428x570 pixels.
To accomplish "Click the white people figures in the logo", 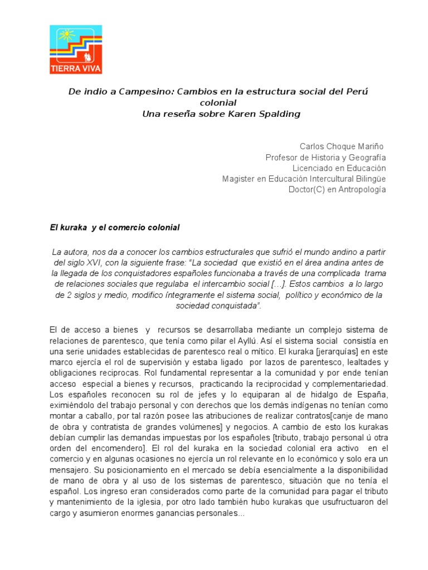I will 87,57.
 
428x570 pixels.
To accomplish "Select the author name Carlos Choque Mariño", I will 342,146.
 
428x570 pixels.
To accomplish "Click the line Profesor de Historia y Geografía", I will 325,158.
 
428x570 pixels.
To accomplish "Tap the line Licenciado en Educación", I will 339,168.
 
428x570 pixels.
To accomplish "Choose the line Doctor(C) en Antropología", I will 337,190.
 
